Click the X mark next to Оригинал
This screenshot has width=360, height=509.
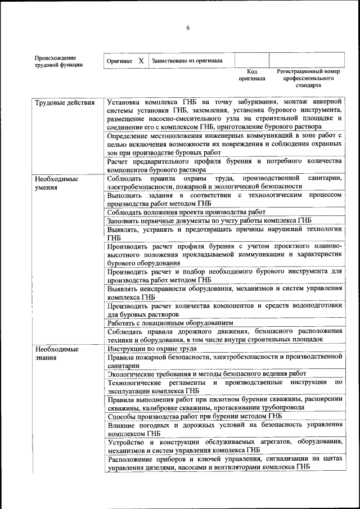(141, 61)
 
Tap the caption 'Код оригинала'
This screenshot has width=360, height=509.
(251, 75)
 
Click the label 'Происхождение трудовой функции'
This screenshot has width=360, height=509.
(58, 61)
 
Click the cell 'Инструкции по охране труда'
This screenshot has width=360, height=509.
(151, 349)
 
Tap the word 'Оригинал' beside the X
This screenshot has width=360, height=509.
(119, 61)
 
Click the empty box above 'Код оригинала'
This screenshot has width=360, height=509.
(251, 60)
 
